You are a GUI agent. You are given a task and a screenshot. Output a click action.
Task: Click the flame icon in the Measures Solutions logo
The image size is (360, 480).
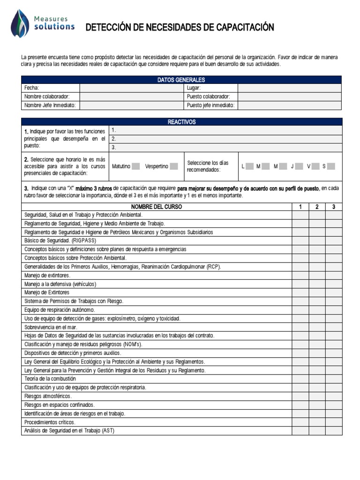[x=20, y=23]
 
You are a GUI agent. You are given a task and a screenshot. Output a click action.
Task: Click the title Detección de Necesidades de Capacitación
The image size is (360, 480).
[x=180, y=28]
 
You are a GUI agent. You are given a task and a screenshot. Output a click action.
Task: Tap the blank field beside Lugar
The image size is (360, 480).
[x=290, y=88]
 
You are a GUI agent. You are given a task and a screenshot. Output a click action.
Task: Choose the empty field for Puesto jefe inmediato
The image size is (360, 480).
[x=290, y=105]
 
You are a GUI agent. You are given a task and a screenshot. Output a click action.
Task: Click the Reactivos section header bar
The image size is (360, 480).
[x=181, y=122]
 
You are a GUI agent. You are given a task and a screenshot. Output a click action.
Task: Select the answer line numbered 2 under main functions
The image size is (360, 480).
[x=225, y=139]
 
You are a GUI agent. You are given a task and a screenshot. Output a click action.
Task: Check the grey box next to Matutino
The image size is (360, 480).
[x=136, y=166]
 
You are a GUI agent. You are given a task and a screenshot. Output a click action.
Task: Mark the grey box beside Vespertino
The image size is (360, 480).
[x=174, y=166]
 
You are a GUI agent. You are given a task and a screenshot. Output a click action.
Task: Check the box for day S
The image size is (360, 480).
[x=331, y=166]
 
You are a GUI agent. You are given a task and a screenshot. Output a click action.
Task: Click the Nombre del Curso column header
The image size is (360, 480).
[x=157, y=207]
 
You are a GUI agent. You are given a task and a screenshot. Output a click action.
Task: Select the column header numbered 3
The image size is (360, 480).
[x=333, y=207]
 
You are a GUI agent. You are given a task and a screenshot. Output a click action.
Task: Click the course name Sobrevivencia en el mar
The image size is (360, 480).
[x=51, y=327]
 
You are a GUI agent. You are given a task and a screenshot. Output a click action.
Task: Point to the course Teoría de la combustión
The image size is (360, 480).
[x=50, y=379]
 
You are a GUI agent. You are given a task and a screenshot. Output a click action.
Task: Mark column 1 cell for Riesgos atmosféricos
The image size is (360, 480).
[x=300, y=396]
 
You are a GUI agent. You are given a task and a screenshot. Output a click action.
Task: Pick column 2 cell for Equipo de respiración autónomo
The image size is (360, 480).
[x=317, y=310]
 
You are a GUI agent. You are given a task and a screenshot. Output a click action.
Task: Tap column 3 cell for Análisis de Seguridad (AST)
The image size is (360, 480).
[x=333, y=430]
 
